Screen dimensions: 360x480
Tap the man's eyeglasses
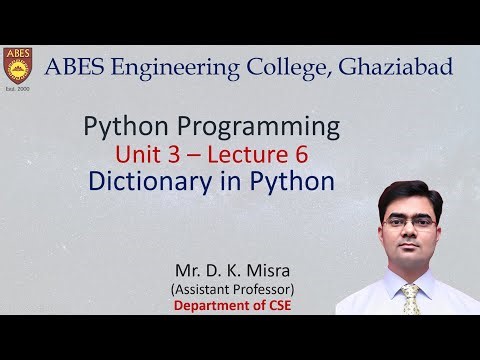[x=409, y=221]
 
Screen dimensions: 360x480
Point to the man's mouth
[x=410, y=251]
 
